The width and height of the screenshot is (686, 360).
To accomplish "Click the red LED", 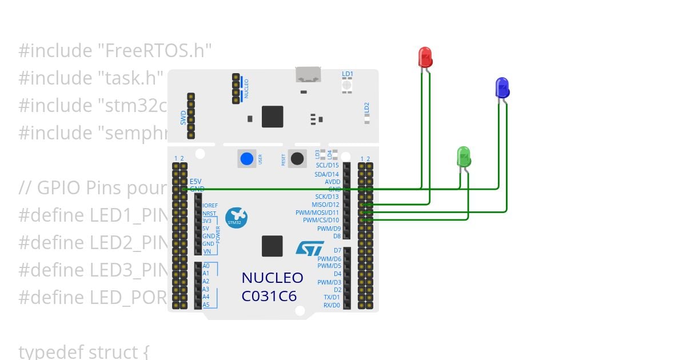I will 425,57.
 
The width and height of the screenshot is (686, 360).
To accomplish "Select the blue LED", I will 501,87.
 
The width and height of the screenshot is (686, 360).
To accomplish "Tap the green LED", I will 463,156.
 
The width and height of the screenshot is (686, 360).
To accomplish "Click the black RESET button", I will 297,158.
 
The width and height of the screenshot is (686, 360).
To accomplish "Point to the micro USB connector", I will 308,74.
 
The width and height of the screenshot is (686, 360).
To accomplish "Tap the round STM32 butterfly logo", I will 236,217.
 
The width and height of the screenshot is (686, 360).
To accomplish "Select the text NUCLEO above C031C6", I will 272,278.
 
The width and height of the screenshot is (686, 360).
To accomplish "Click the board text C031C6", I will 269,297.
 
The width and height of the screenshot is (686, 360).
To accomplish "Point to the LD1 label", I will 348,74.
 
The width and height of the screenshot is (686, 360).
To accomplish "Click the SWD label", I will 184,118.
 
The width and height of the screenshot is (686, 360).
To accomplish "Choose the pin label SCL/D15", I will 328,166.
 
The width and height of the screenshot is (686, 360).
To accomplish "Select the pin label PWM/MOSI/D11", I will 317,213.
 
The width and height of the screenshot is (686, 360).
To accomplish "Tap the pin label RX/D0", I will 332,305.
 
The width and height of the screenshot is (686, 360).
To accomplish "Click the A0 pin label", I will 206,266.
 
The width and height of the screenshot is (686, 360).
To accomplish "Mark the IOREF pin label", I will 210,205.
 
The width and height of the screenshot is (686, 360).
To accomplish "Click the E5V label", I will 196,181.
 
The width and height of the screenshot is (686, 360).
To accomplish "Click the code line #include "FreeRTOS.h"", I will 115,51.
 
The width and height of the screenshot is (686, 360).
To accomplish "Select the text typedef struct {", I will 83,351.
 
